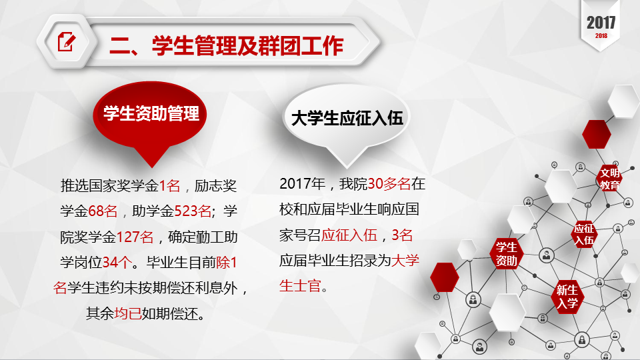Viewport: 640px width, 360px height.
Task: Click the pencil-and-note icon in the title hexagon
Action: pyautogui.click(x=67, y=41)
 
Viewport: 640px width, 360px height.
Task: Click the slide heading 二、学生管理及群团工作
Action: pyautogui.click(x=227, y=45)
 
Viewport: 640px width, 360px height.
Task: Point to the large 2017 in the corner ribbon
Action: pyautogui.click(x=601, y=23)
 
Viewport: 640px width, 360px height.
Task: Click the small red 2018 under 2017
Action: pyautogui.click(x=601, y=36)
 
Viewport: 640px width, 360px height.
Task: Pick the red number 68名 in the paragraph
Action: pyautogui.click(x=103, y=211)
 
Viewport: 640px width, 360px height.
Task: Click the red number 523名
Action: pyautogui.click(x=193, y=211)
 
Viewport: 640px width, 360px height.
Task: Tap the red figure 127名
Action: pyautogui.click(x=135, y=237)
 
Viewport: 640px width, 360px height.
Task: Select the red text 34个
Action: pyautogui.click(x=117, y=263)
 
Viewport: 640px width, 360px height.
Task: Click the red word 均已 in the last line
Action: pyautogui.click(x=128, y=313)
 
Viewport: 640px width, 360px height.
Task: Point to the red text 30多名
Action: pyautogui.click(x=389, y=184)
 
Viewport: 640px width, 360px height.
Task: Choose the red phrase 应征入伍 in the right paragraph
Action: pyautogui.click(x=349, y=235)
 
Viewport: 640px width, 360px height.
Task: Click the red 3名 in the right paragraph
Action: pyautogui.click(x=402, y=235)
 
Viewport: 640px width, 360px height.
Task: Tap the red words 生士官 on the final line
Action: pyautogui.click(x=300, y=286)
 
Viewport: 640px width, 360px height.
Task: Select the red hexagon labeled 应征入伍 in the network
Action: pyautogui.click(x=584, y=234)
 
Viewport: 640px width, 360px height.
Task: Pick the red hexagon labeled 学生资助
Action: pyautogui.click(x=507, y=253)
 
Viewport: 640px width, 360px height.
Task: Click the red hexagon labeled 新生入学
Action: pyautogui.click(x=567, y=297)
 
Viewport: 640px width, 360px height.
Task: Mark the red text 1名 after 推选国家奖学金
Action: pyautogui.click(x=169, y=186)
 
